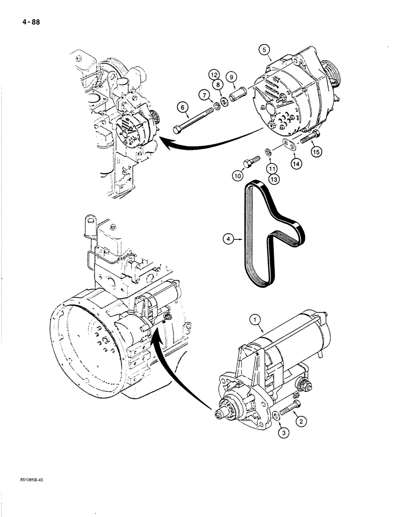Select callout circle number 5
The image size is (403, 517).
coord(265,50)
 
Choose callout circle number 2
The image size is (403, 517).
coord(299,421)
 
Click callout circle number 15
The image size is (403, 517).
coord(316,151)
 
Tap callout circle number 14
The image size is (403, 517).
coord(295,163)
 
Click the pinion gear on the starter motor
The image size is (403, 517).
coord(223,412)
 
